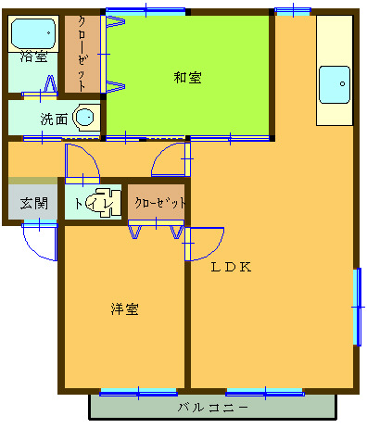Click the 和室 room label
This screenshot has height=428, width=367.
coord(187,78)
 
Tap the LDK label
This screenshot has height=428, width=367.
coord(231,267)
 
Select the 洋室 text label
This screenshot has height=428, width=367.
coord(125,309)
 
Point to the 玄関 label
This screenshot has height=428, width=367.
coord(34,204)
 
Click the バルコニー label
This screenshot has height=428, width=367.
coord(213,408)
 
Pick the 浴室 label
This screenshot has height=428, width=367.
coord(33,57)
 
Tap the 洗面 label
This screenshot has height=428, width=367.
coord(54,120)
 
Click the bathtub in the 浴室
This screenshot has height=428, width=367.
coord(33,33)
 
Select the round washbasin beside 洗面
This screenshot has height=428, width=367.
coord(85,117)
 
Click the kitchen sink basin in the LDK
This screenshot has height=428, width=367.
coord(335,84)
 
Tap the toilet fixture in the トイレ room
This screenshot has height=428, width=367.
coord(104,202)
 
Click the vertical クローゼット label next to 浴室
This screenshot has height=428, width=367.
coord(82,54)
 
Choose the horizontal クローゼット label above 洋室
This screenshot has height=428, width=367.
coord(160,203)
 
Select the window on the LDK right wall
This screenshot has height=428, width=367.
coord(357,307)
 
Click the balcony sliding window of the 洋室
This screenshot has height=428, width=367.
coord(138,393)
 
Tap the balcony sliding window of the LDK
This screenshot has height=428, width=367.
coord(265,393)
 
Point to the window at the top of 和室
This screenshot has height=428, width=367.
coord(146,11)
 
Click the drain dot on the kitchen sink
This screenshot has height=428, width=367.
coord(342,83)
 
